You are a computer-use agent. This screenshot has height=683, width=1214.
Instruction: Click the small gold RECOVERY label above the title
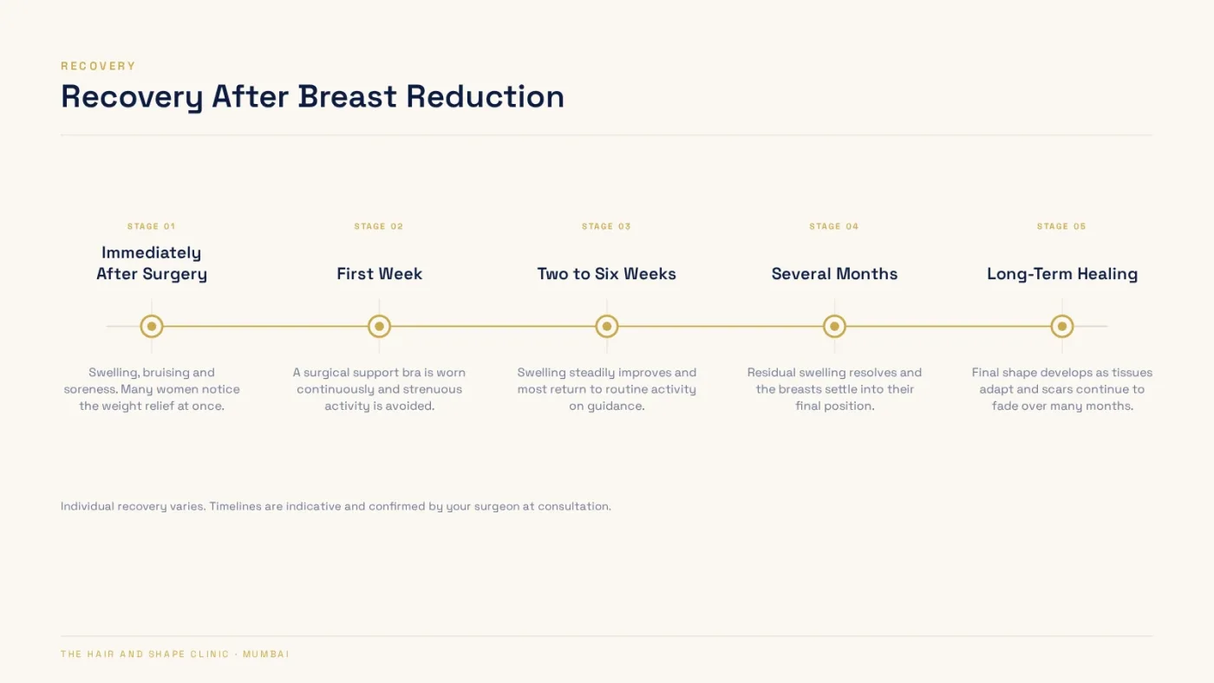98,66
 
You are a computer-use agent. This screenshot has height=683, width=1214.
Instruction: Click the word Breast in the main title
347,96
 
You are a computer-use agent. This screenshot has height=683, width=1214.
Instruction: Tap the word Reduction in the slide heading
485,96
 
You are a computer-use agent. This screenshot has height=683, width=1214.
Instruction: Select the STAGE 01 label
151,226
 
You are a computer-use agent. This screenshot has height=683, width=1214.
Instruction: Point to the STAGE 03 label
606,226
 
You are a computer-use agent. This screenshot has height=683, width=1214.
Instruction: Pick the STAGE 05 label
1061,226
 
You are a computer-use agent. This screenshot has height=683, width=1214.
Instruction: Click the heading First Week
380,274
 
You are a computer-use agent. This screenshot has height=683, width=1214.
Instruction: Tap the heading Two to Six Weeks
606,274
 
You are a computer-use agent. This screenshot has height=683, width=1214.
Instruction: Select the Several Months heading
834,274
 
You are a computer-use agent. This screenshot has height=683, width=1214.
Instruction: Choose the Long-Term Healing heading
1062,274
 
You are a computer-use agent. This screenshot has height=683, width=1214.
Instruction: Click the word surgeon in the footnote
497,506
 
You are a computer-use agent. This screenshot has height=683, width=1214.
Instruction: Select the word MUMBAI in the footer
266,654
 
